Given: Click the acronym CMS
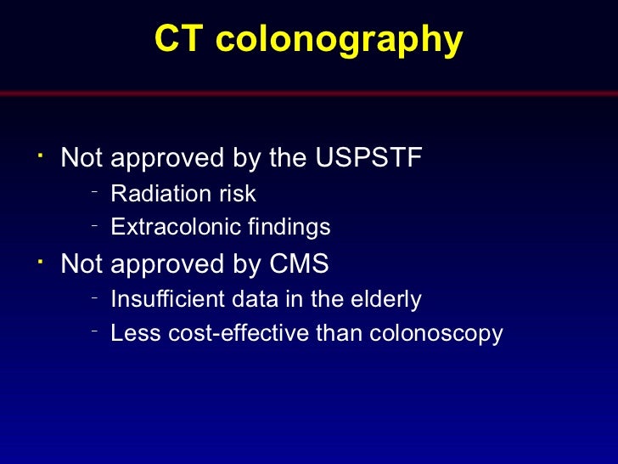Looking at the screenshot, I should pos(299,264).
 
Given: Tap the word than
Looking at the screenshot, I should pos(340,333).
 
